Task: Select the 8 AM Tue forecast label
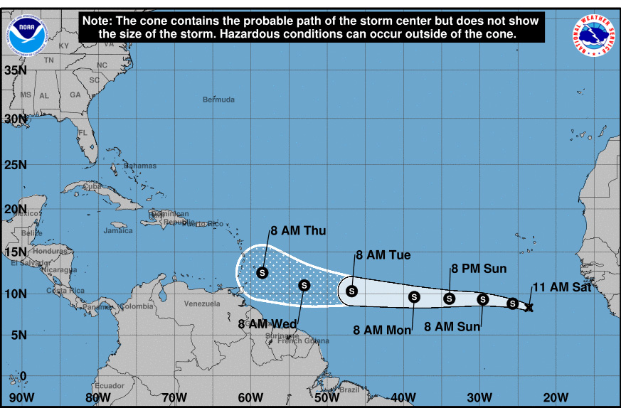[383, 255]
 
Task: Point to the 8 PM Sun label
[479, 269]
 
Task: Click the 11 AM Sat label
[561, 288]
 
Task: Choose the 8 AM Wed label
[267, 324]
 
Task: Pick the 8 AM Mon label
[383, 329]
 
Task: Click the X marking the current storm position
[529, 307]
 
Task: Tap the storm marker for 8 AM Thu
[262, 272]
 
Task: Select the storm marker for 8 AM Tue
[351, 290]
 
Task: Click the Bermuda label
[218, 100]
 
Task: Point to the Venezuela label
[201, 304]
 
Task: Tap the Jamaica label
[118, 230]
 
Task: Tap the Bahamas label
[139, 166]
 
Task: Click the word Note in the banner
[96, 21]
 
